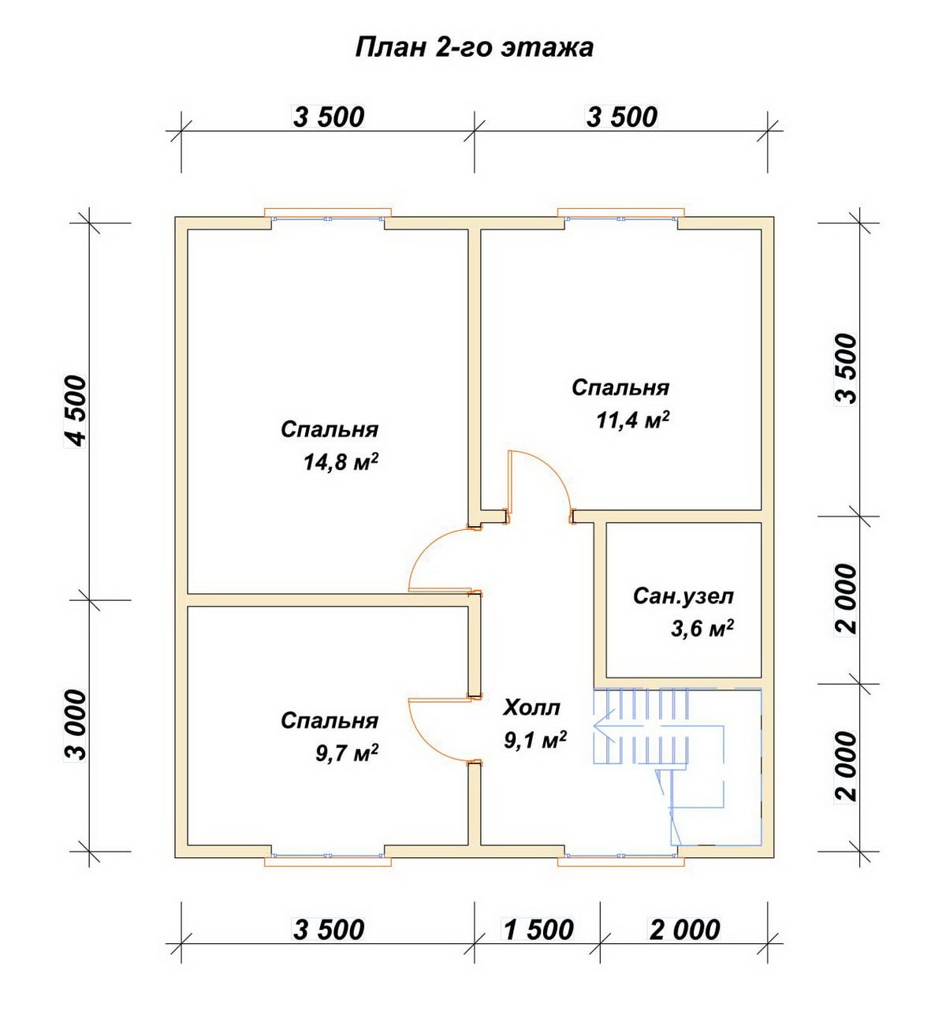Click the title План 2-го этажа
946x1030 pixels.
[475, 48]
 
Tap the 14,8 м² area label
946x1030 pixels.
[341, 462]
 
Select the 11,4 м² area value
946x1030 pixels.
[633, 420]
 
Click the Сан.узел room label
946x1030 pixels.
[683, 596]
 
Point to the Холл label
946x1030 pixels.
[531, 707]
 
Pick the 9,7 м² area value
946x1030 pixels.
[347, 753]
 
